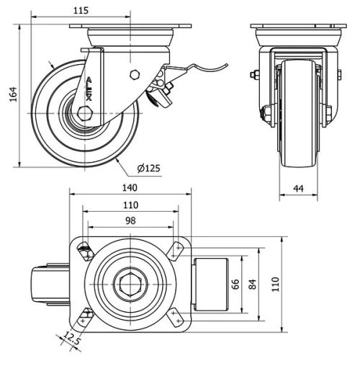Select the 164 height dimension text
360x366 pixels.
12,95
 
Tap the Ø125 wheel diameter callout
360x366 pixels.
148,169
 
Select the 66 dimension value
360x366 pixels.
235,284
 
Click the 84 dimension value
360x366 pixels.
252,284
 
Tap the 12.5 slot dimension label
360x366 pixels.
71,337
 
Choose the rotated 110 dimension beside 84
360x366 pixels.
275,284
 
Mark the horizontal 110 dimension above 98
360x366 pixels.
130,205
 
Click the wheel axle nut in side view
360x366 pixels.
85,113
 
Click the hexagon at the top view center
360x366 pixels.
130,284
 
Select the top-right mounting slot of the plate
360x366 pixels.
175,250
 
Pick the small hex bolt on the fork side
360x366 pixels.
134,74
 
